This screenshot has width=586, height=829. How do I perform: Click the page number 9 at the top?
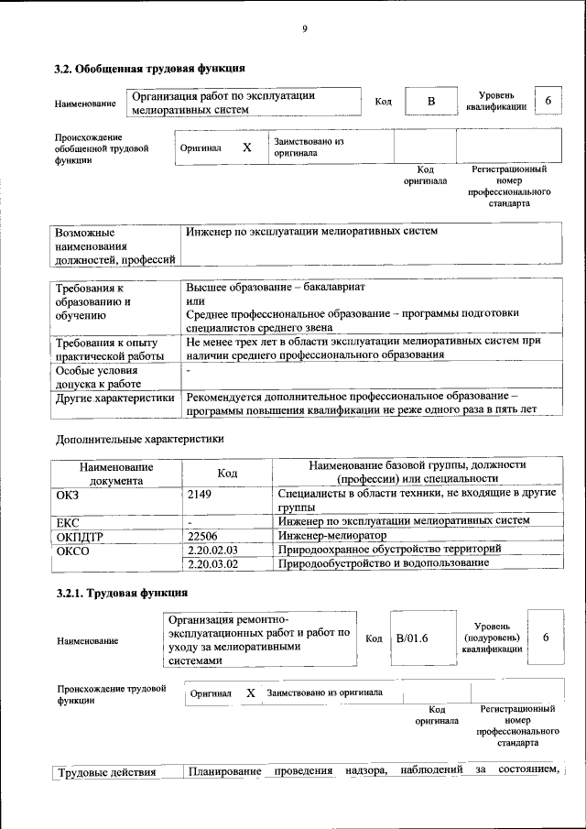[305, 29]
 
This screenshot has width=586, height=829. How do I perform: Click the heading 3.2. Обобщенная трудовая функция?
[149, 68]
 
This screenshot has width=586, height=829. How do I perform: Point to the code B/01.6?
[413, 638]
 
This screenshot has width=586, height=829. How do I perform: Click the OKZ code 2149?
[200, 494]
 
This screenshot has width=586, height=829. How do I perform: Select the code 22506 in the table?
[203, 535]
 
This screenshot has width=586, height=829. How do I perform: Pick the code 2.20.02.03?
[212, 549]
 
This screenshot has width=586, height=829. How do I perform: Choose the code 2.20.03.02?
[212, 563]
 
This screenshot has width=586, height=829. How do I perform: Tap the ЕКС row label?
[69, 521]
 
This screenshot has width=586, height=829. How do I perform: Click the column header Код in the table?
[227, 473]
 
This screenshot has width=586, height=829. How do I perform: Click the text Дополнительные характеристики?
[140, 438]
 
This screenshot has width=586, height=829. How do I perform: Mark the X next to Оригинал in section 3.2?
[246, 147]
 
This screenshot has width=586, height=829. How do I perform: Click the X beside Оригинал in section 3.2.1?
[250, 693]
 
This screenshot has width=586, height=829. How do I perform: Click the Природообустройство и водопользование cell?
[384, 563]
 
